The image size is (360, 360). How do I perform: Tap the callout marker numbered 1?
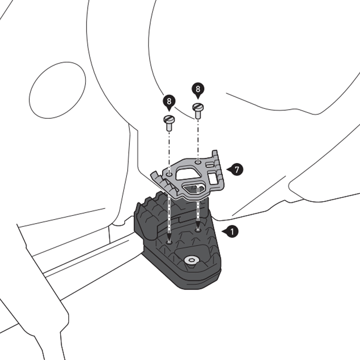click(x=231, y=232)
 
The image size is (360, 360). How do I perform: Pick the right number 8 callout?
click(x=198, y=89)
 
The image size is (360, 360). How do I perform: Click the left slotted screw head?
click(x=168, y=120)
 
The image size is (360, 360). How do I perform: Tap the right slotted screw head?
click(x=198, y=107)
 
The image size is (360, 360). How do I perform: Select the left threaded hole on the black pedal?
click(x=169, y=242)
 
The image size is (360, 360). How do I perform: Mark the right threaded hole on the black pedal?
click(x=198, y=229)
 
